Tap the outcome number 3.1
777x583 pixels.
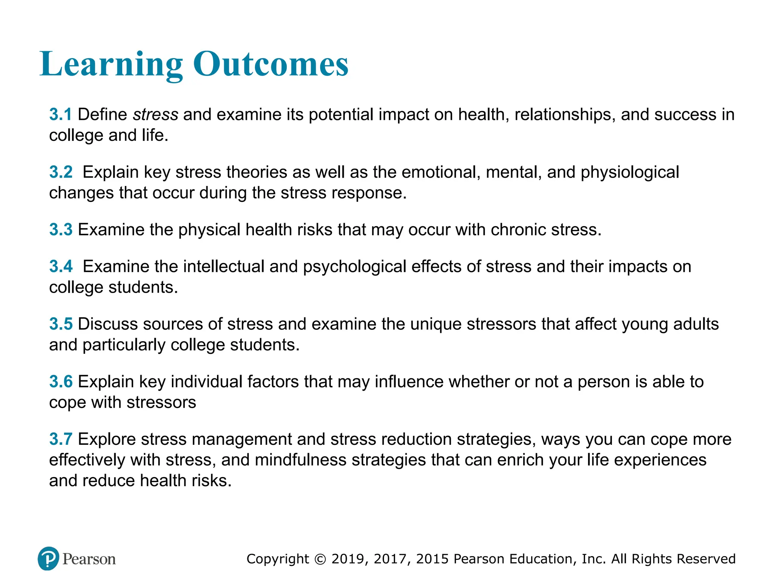coord(60,115)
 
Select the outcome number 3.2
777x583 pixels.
coord(61,172)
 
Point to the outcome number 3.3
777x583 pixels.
coord(61,230)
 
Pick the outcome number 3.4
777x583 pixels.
coord(61,266)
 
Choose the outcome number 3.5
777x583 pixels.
coord(61,324)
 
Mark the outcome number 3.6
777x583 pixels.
coord(61,382)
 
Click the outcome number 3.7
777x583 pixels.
coord(61,440)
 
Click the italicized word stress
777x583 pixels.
coord(156,115)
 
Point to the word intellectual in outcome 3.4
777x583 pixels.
coord(223,266)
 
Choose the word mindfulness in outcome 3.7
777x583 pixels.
coord(300,460)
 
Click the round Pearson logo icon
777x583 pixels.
coord(49,559)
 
